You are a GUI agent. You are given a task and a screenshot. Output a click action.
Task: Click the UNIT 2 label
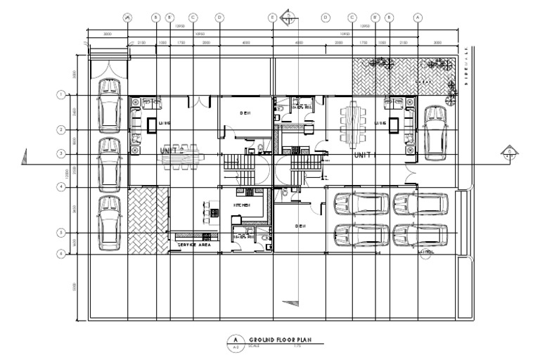coord(172,150)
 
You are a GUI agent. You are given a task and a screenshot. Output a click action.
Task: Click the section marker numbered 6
coord(508,153)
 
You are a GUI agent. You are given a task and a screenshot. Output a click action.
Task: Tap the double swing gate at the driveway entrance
coord(108,61)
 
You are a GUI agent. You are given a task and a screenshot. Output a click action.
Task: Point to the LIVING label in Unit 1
coord(381,123)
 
